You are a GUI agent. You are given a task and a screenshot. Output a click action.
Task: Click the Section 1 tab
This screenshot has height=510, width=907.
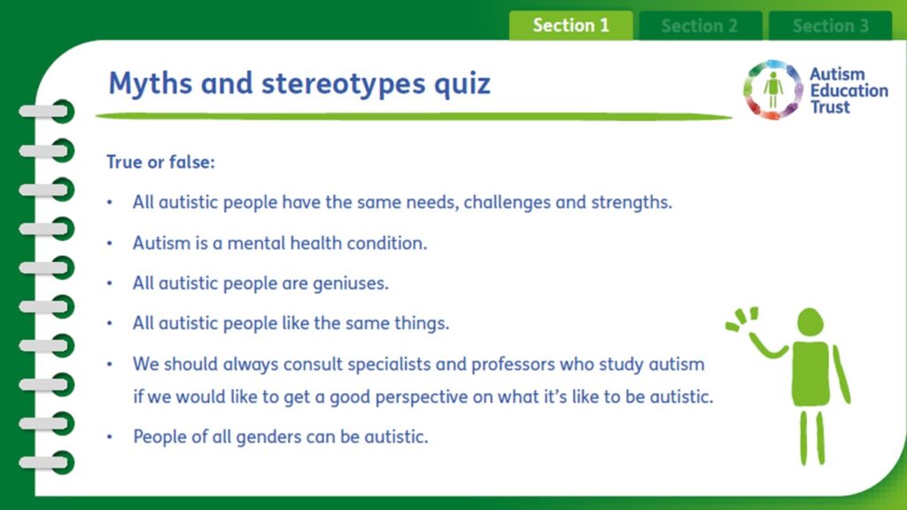(570, 26)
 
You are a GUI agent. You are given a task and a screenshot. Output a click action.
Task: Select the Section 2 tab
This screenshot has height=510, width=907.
(700, 26)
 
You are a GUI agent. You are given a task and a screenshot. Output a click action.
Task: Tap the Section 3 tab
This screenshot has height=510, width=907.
(830, 26)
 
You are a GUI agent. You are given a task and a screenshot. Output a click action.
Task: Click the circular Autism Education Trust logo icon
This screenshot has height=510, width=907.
(772, 89)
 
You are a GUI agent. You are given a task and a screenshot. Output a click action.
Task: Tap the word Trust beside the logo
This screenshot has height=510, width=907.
(830, 107)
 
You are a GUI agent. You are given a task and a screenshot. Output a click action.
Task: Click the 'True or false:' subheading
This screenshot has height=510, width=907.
(160, 162)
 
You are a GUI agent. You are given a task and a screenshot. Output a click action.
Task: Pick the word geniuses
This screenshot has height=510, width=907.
(351, 283)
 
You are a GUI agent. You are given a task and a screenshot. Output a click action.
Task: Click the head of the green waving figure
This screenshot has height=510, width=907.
(810, 322)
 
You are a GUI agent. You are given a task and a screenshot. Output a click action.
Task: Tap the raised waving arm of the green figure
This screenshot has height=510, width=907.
(764, 345)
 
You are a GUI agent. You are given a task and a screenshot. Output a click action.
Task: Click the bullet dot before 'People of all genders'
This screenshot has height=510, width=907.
(110, 437)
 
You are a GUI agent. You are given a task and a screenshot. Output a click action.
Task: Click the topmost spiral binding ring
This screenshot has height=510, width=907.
(47, 111)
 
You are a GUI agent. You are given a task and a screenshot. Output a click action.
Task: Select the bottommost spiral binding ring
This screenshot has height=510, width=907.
(47, 462)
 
